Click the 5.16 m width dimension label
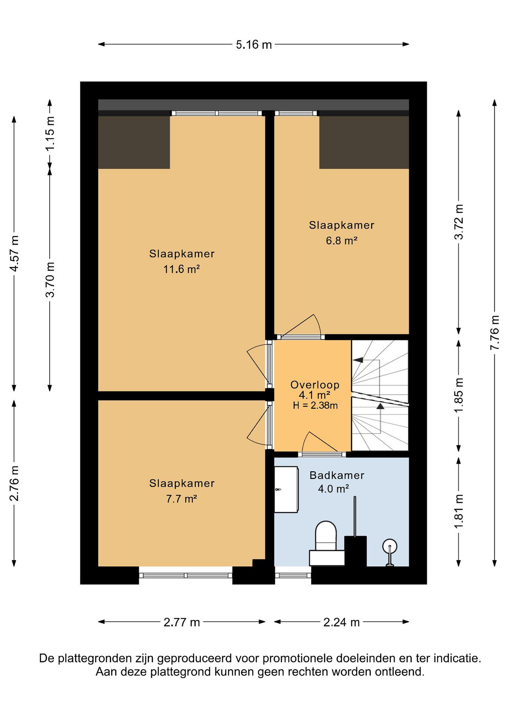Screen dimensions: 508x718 point(254,45)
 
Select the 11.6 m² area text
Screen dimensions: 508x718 point(182,269)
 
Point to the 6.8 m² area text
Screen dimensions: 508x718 point(342,241)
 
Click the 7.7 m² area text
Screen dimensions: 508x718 point(182,498)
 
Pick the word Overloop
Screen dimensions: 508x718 point(315,385)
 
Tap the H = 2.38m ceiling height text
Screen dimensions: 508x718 point(315,406)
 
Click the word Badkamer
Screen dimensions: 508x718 point(337,475)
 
